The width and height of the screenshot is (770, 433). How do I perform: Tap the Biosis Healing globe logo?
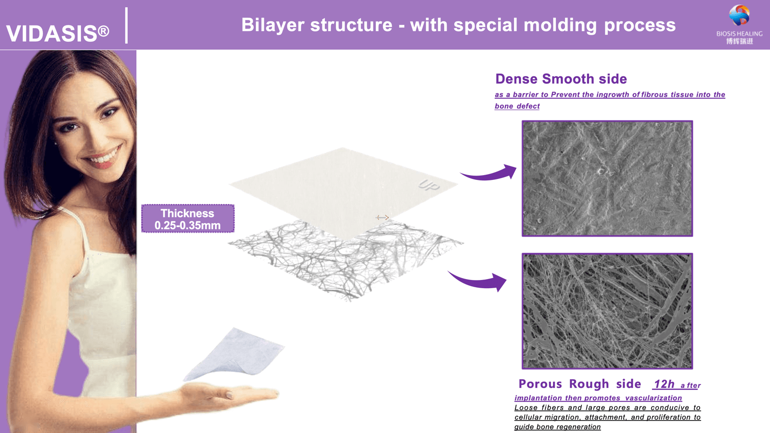(739, 15)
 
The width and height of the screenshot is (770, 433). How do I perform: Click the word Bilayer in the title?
(272, 25)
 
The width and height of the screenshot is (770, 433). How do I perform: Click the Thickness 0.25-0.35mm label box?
(188, 219)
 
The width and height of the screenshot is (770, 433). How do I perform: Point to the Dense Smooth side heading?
(561, 79)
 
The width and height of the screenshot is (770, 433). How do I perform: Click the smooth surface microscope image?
(607, 178)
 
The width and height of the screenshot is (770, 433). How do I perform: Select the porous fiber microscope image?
(607, 311)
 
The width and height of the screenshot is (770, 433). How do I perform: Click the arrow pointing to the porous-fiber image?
(479, 281)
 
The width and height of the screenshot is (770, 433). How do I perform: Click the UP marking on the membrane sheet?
(428, 185)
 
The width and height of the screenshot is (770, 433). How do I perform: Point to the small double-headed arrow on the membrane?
(382, 217)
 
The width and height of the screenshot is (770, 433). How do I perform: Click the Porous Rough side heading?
(579, 384)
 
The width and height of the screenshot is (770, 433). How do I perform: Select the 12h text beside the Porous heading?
(664, 384)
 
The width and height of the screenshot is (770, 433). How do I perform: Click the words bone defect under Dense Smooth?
(517, 106)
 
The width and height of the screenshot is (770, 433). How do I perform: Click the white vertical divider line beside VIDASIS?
(127, 25)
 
